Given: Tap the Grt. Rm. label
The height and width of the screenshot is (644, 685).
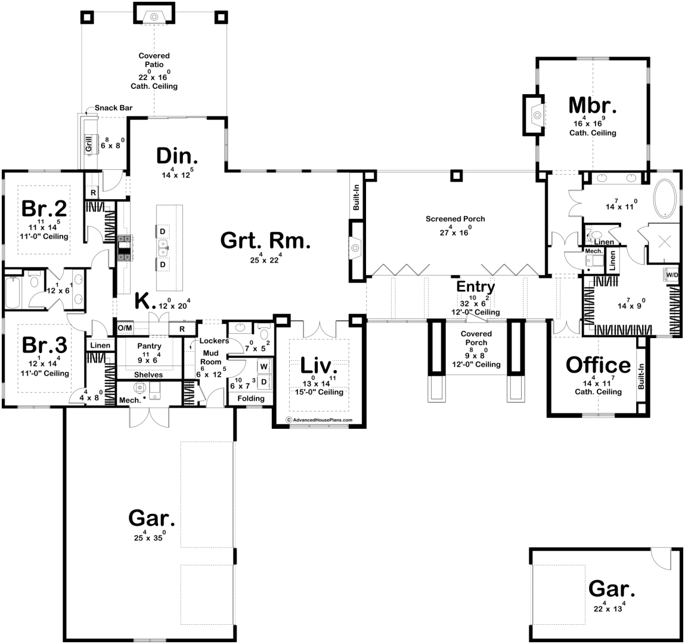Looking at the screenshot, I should tap(265, 240).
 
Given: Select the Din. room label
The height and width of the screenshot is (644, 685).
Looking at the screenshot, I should tap(177, 156).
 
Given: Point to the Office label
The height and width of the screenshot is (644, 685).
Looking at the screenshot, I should tap(597, 364).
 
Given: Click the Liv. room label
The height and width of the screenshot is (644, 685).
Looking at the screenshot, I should tap(318, 366).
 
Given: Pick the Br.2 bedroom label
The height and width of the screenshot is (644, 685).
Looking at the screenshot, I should tap(44, 209).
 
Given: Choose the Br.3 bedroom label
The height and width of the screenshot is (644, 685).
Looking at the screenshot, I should tap(45, 345).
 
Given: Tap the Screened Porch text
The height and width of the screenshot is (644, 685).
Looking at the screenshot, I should tap(455, 219).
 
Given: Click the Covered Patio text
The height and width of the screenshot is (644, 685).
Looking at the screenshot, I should tap(154, 60).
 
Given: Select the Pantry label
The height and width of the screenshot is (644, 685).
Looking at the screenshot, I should tap(148, 346).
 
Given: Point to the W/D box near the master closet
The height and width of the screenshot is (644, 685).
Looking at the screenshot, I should tap(671, 275).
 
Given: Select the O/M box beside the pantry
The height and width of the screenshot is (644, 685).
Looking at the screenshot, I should tap(124, 328).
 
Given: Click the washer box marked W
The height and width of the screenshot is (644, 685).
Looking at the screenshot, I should tap(263, 367).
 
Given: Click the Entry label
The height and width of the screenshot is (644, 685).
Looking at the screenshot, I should tap(475, 287).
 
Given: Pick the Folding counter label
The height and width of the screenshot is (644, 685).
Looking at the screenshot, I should tap(250, 398).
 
